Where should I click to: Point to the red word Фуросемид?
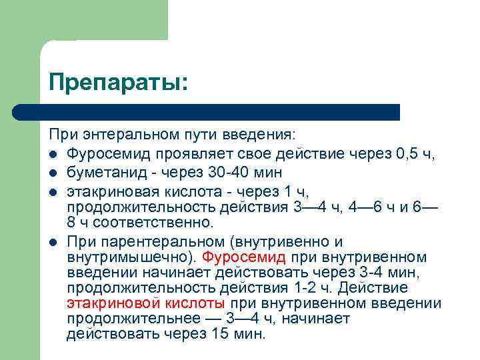point(245,257)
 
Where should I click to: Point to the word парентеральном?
point(154,241)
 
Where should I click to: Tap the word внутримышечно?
point(126,257)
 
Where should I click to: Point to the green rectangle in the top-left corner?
point(83,20)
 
